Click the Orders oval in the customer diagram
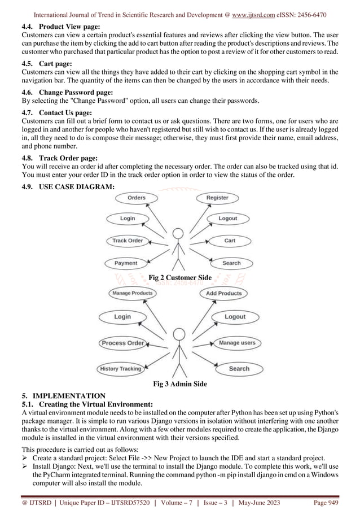click(136, 198)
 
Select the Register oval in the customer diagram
click(217, 198)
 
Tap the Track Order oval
click(128, 241)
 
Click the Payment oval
click(126, 263)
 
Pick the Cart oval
click(230, 241)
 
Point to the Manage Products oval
click(133, 293)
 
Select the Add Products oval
click(223, 293)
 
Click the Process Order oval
click(122, 343)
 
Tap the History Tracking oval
click(121, 369)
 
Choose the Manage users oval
click(237, 343)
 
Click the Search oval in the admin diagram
click(239, 369)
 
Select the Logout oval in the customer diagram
click(227, 219)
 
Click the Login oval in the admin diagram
click(122, 317)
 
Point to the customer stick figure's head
click(178, 233)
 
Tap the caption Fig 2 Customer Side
click(179, 277)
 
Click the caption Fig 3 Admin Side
click(180, 385)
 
